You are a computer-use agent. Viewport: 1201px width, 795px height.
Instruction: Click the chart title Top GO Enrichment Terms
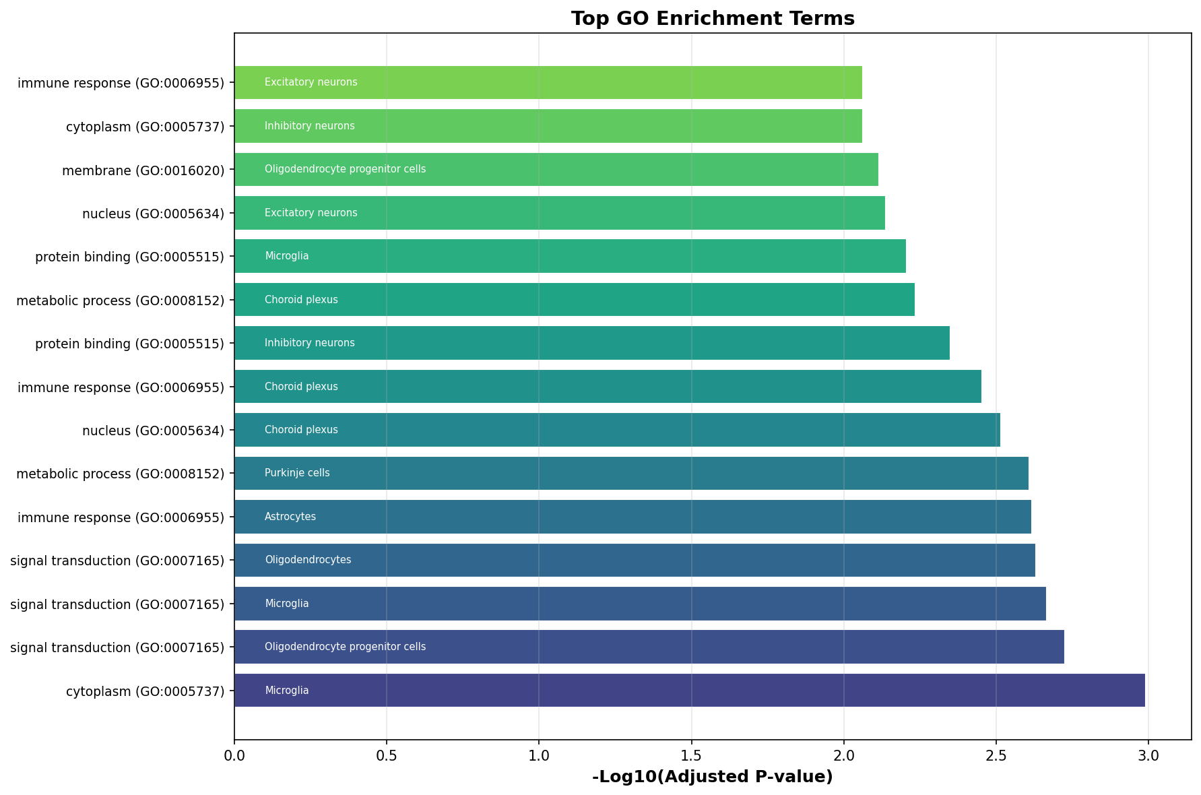coord(713,18)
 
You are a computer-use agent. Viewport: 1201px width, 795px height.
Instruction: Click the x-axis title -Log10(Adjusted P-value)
coord(713,777)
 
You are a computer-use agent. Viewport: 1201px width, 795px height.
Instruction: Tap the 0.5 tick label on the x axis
coord(387,755)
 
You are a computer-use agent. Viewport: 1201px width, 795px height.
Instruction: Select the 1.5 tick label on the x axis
coord(691,755)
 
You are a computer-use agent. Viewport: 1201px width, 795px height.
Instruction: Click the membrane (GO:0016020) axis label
coord(143,170)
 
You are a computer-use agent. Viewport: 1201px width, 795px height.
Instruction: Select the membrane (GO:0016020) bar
coord(556,169)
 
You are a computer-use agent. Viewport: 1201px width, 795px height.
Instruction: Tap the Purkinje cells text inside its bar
coord(297,473)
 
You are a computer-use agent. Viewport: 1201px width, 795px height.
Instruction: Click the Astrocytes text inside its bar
coord(290,517)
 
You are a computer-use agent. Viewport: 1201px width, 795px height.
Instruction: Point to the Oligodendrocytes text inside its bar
coord(308,560)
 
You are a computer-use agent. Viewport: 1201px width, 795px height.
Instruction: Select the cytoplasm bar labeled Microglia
coord(690,690)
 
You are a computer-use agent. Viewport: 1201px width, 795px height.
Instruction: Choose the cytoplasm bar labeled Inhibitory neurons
coord(548,126)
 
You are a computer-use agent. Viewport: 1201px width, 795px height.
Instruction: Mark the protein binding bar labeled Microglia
coord(570,256)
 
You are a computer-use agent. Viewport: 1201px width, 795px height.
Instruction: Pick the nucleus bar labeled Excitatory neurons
coord(560,213)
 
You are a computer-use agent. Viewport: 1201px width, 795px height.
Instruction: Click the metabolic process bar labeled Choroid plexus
coord(575,299)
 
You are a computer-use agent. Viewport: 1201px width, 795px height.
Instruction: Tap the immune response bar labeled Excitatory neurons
coord(548,82)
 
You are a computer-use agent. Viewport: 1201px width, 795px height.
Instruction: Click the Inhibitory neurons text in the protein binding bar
coord(310,343)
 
